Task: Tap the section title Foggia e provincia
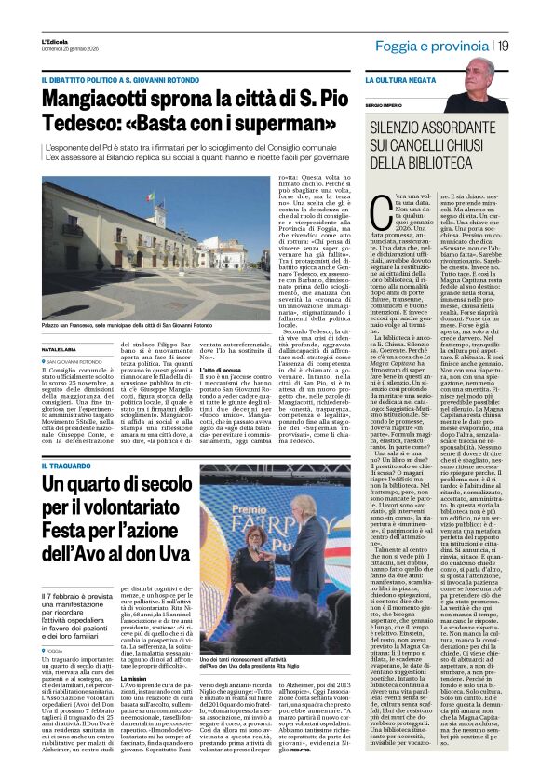click(x=439, y=46)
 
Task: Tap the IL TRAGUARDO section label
click(x=68, y=465)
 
